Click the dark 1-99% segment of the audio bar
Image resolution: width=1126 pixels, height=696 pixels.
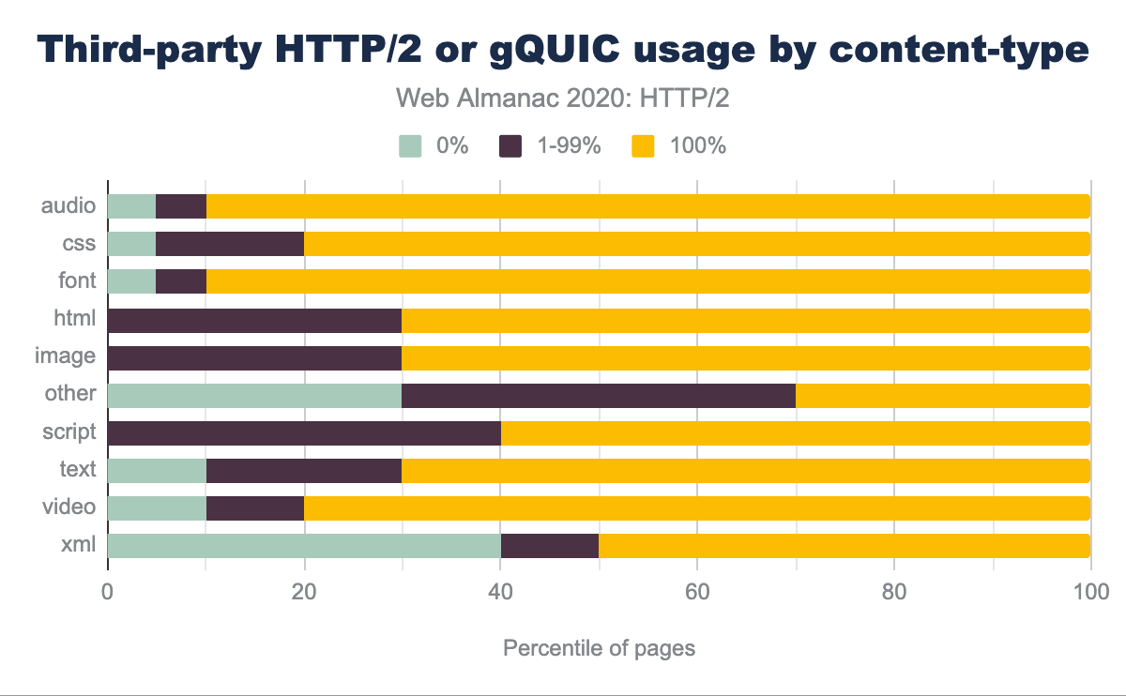[x=180, y=206]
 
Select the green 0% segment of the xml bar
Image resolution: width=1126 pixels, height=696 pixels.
[x=304, y=546]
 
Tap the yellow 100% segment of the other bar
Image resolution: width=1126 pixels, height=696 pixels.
[x=942, y=395]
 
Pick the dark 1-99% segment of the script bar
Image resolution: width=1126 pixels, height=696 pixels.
[x=304, y=432]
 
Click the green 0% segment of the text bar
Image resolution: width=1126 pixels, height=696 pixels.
[x=157, y=470]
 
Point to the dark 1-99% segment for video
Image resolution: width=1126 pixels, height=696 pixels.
[x=254, y=507]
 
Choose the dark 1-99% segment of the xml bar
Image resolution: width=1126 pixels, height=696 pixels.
[x=550, y=546]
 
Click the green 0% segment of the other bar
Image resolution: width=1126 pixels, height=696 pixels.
[x=254, y=395]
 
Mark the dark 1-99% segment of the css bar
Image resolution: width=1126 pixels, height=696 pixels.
[x=230, y=244]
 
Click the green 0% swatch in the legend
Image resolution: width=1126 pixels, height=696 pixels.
[x=411, y=145]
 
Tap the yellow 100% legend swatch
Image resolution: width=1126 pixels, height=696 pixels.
[x=643, y=145]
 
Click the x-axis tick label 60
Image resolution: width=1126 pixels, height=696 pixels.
[x=697, y=592]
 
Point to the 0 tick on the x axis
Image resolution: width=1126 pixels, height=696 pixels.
[x=108, y=592]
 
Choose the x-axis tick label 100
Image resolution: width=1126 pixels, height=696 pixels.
[x=1089, y=592]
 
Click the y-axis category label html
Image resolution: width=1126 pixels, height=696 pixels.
[x=75, y=319]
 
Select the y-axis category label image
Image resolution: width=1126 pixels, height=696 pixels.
[x=65, y=356]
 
